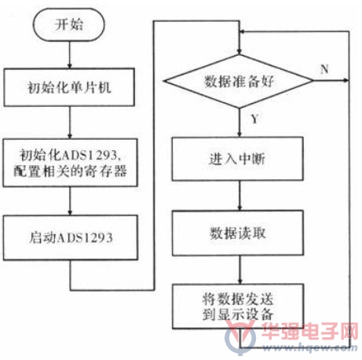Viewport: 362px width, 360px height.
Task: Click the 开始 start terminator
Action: coord(69,24)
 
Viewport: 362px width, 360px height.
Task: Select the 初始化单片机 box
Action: coord(69,87)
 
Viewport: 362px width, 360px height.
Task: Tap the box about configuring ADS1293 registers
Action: coord(70,163)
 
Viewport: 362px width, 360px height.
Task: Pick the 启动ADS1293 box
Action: coord(71,237)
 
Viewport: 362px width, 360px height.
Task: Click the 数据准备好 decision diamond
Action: coord(239,81)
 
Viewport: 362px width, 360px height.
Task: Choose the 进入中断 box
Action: coord(238,159)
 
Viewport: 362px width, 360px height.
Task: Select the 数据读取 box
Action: coord(238,233)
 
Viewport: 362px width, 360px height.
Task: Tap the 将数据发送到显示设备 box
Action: coord(238,307)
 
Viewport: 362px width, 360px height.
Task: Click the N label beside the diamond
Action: coord(324,69)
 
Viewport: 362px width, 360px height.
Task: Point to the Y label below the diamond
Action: coord(254,119)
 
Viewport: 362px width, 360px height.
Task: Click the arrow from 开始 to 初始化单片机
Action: coord(70,55)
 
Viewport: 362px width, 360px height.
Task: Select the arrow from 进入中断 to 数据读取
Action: coord(240,196)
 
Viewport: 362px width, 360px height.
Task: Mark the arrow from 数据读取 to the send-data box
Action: coord(240,270)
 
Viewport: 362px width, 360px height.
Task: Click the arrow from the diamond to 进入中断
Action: coord(240,123)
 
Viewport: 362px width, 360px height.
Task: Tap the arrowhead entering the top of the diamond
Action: coord(240,52)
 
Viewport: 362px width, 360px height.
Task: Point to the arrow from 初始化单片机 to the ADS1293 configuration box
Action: coord(70,123)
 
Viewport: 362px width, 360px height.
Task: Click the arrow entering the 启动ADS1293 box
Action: coord(70,201)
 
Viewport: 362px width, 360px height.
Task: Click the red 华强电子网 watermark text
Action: coord(309,331)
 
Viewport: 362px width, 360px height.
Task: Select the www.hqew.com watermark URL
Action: coord(309,348)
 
